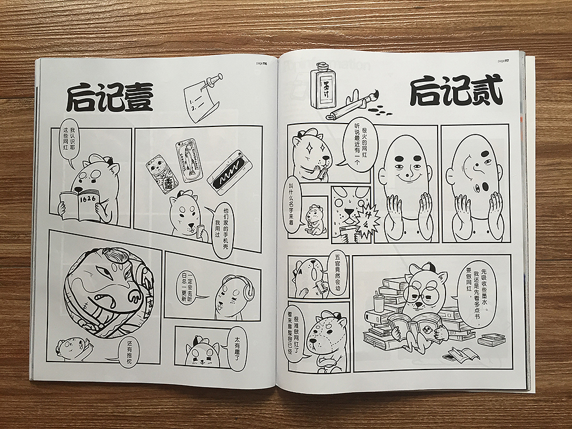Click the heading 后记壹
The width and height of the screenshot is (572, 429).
(109, 98)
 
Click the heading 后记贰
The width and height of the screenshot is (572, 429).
(456, 91)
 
